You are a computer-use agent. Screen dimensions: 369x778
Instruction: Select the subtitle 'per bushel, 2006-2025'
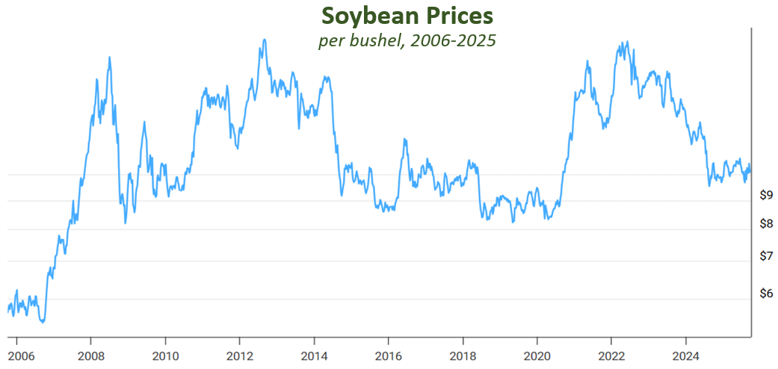coord(407,40)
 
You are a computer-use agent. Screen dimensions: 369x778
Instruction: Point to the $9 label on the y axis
coord(765,196)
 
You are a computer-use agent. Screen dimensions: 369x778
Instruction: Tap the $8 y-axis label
coord(765,223)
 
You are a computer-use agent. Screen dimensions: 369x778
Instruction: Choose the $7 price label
coord(765,256)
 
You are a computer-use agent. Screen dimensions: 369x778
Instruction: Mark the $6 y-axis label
coord(765,294)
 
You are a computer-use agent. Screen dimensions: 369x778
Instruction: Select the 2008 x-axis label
coord(90,355)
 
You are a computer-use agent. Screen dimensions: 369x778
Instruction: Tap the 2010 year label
coord(164,355)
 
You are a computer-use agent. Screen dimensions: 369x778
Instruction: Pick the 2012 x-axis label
coord(239,355)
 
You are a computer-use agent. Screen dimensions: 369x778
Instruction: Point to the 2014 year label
coord(314,355)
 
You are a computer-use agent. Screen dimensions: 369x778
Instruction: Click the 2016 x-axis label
coord(388,355)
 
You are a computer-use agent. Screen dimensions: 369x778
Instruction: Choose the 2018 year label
coord(463,355)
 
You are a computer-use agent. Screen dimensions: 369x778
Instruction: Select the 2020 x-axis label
coord(537,355)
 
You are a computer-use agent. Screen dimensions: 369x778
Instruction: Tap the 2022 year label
coord(611,355)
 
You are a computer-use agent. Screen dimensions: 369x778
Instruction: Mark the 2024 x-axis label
coord(686,355)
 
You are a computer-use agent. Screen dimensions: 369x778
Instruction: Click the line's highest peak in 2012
coord(264,40)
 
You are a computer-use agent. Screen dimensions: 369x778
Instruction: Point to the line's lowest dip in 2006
coord(43,322)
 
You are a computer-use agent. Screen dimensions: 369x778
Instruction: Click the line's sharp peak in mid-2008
coord(110,58)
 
